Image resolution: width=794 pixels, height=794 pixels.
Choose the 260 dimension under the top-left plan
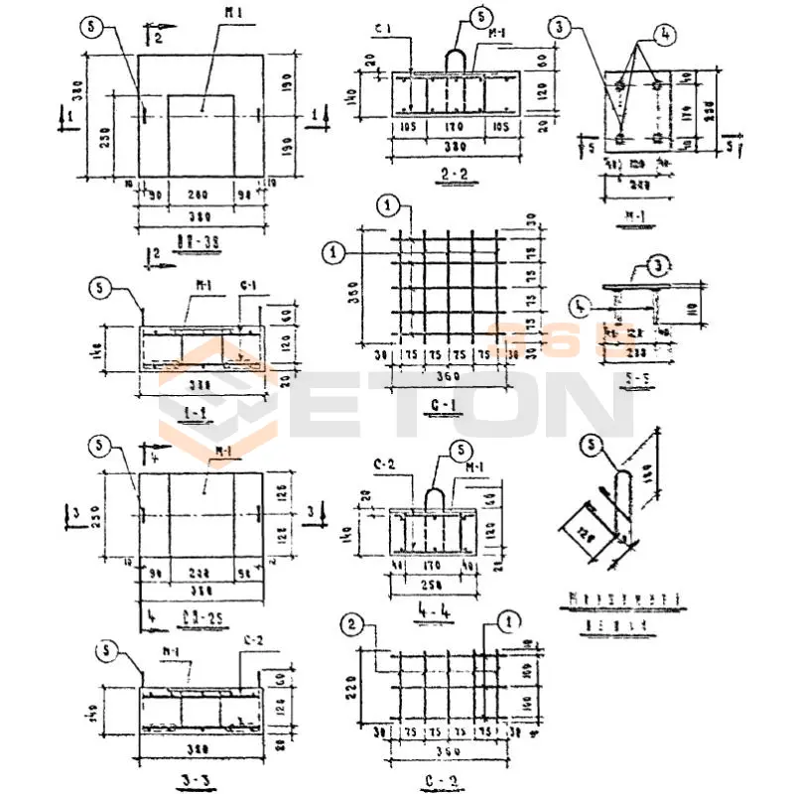tap(200, 197)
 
